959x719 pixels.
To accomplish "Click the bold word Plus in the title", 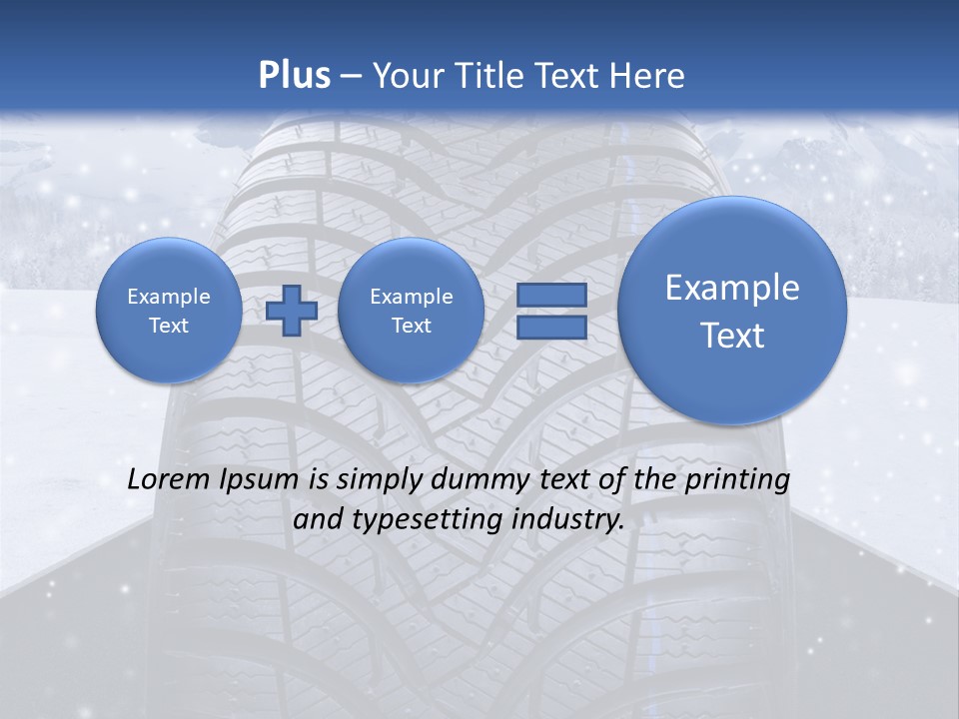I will (x=295, y=76).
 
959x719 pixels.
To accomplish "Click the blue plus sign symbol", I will (x=292, y=310).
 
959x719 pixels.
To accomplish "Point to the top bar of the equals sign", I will (x=550, y=296).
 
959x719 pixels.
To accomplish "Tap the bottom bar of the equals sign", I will (x=550, y=328).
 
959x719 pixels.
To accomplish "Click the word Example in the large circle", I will (x=732, y=288).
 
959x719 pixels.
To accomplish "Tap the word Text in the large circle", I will (x=732, y=336).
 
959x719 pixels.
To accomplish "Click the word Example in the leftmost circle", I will (x=168, y=297).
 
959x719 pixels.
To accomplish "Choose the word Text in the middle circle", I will (x=411, y=326).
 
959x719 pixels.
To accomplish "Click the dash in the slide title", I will (x=351, y=77).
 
